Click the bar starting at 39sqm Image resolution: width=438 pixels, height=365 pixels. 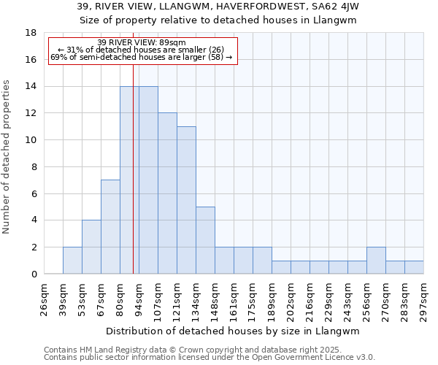point(72,261)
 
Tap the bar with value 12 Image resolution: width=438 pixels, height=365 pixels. point(167,193)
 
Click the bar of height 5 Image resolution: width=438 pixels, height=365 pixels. point(205,240)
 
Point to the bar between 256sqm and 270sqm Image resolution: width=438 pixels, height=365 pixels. point(376,261)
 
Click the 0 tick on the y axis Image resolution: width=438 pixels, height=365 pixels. point(34,274)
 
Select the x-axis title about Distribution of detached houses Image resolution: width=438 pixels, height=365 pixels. point(233,331)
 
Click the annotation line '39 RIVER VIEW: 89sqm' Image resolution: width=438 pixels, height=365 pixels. point(141,43)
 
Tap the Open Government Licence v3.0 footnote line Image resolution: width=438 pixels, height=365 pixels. point(210,358)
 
